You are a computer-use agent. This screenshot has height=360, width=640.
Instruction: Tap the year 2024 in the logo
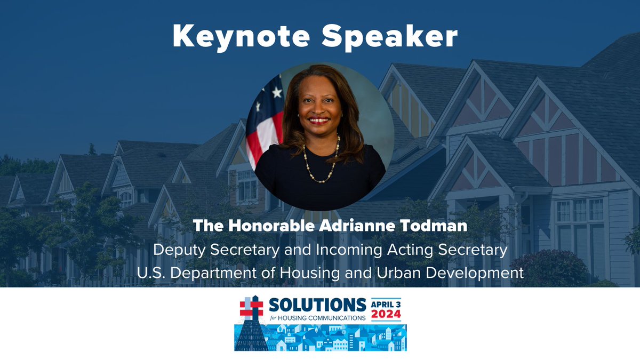click(386, 315)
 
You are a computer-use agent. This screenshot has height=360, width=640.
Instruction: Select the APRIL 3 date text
click(386, 302)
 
